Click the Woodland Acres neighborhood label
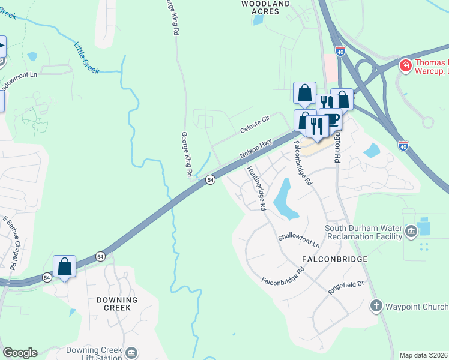point(265,7)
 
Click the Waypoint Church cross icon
point(376,307)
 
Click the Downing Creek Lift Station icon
point(132,352)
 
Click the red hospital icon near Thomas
point(405,65)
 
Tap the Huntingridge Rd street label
point(256,187)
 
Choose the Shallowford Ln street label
point(298,241)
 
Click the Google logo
point(20,353)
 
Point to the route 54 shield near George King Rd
point(211,179)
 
